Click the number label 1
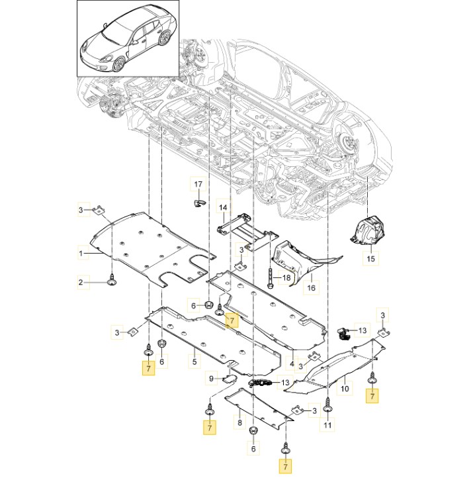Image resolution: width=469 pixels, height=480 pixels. point(82,253)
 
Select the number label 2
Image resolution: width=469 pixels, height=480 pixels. point(82,283)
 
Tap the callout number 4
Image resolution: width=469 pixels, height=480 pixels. point(292,363)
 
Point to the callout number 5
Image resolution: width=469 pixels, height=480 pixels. point(194,362)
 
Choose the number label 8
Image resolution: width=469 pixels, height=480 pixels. point(239,422)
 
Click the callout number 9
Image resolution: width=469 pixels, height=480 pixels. point(212,379)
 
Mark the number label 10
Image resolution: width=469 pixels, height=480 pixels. point(344,389)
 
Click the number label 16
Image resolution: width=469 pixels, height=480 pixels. point(310,287)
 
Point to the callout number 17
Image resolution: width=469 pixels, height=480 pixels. point(197,183)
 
